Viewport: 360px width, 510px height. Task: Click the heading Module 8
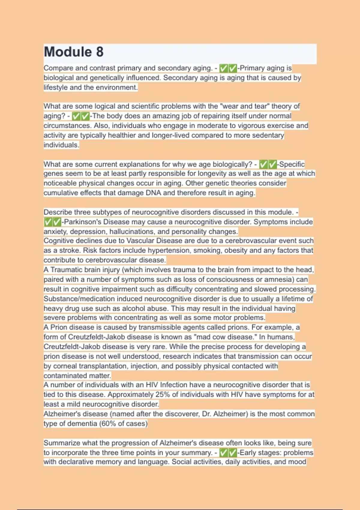tap(74, 52)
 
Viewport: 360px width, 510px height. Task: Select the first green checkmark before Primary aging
tap(223, 68)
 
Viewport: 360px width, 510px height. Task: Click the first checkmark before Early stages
tap(223, 452)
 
